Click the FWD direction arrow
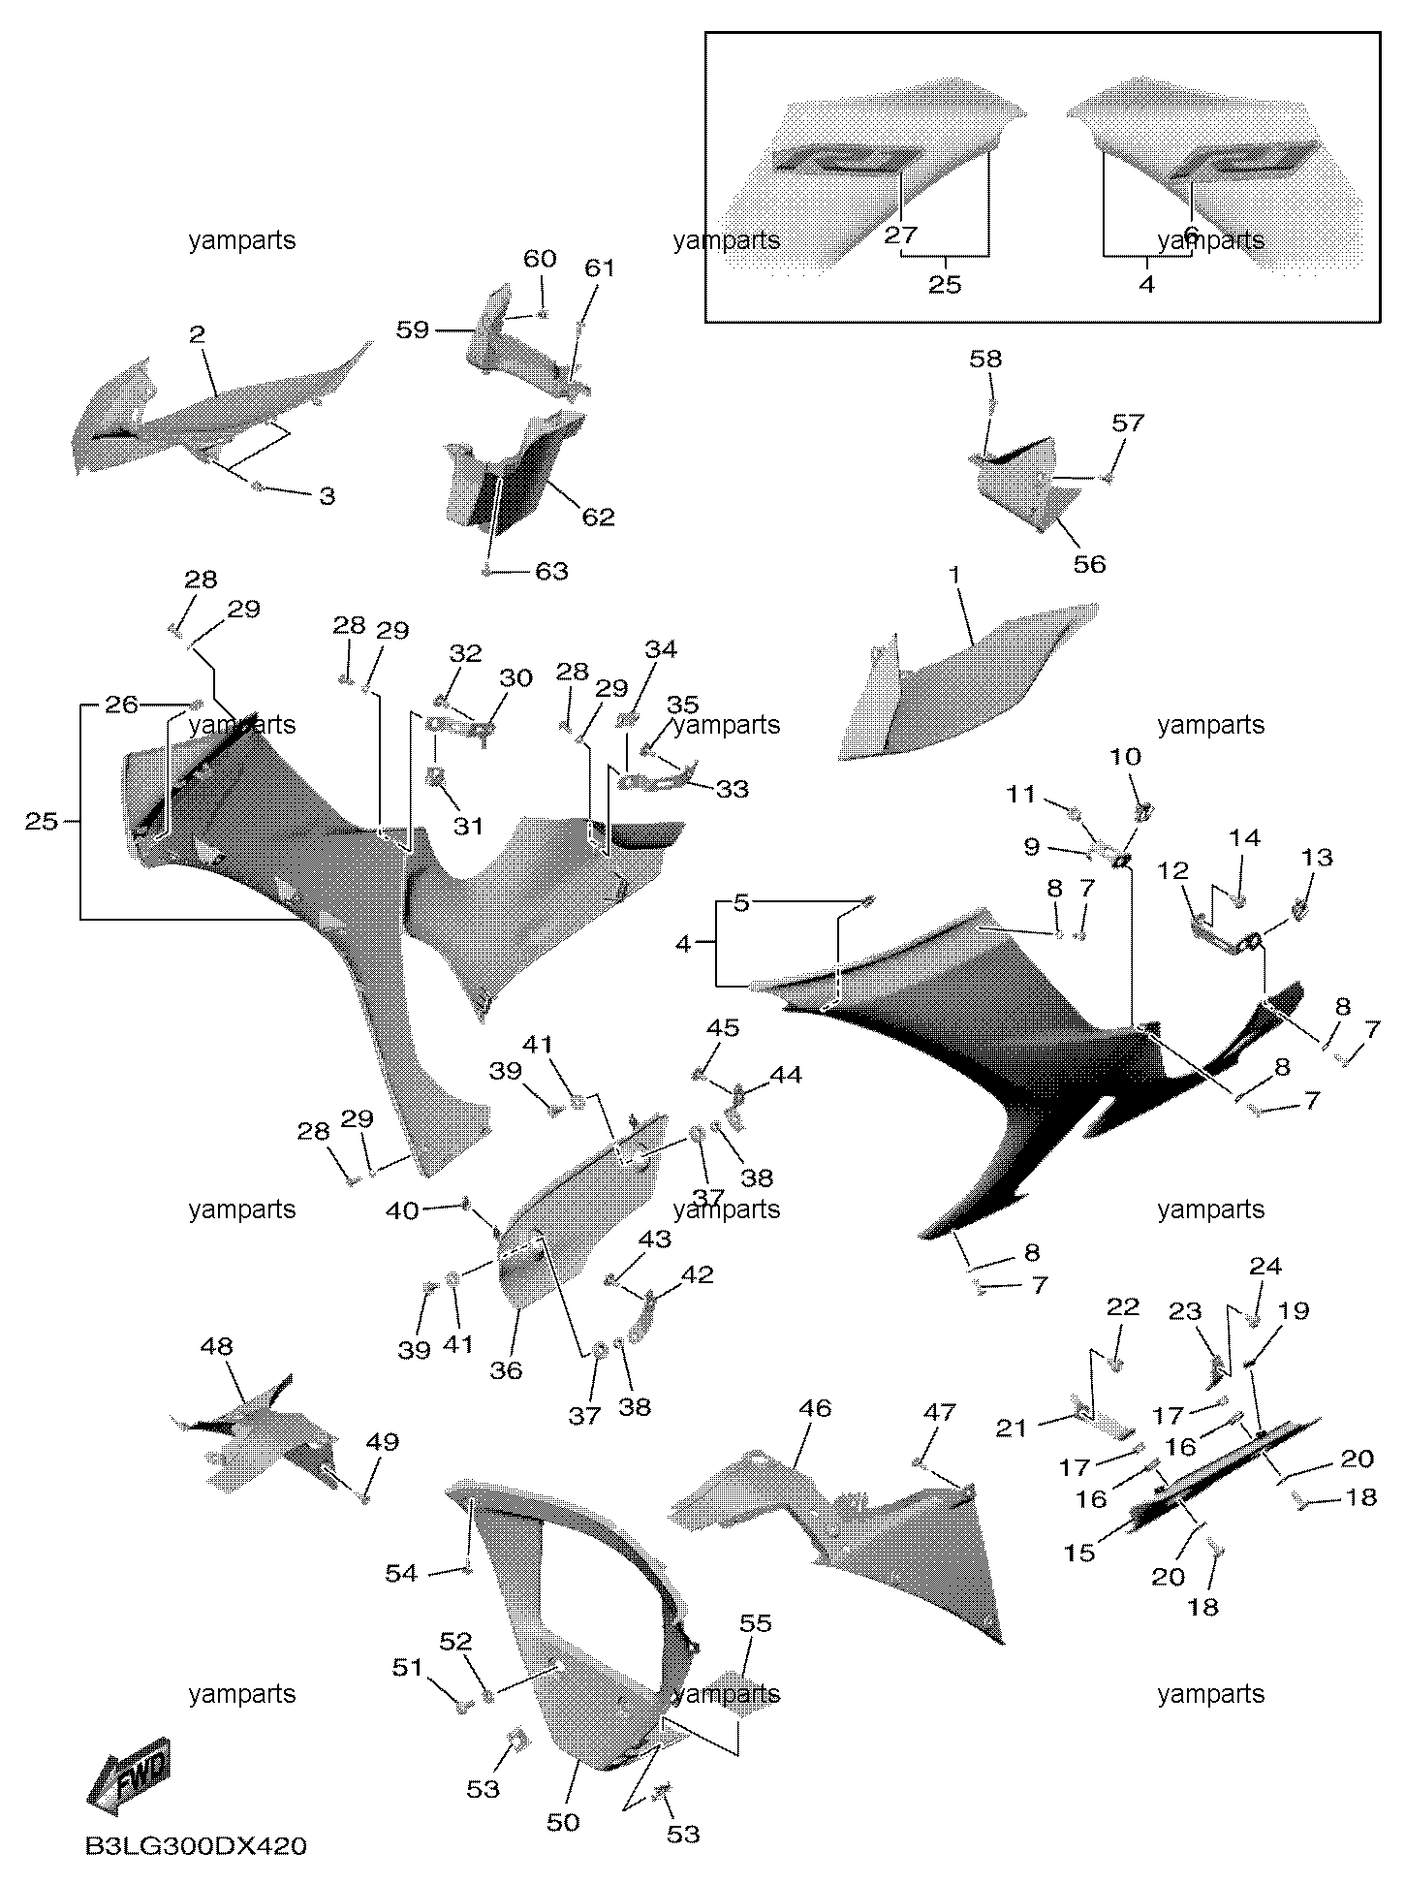[129, 1777]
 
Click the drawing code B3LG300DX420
[196, 1846]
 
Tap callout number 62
[598, 517]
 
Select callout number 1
[954, 576]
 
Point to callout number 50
[563, 1822]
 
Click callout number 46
[815, 1407]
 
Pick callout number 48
[217, 1346]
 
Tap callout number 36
[506, 1369]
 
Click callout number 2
[197, 335]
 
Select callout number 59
[412, 330]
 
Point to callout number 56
[1089, 564]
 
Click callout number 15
[1079, 1553]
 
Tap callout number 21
[1012, 1429]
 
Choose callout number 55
[755, 1622]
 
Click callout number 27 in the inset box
[900, 235]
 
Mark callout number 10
[1125, 756]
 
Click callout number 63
[551, 571]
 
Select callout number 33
[732, 789]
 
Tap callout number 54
[401, 1573]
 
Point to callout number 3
[328, 496]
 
